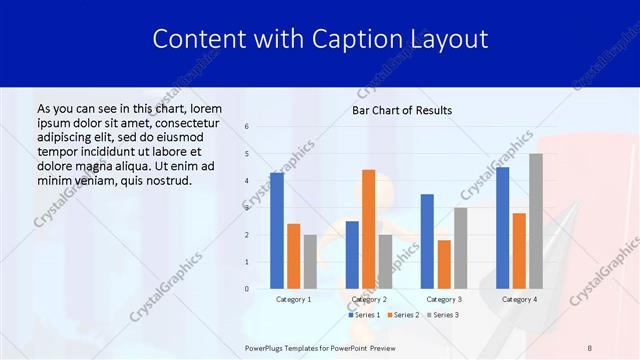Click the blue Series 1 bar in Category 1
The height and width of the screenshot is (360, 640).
coord(277,231)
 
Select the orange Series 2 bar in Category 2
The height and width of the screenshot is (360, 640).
coord(368,229)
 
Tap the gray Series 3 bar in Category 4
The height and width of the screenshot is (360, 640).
coord(536,221)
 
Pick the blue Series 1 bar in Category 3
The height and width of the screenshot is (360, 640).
coord(427,241)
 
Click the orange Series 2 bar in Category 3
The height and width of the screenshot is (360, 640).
coord(444,264)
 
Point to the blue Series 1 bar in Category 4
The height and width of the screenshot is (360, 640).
coord(502,228)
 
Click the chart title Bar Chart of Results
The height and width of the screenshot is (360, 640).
coord(402,110)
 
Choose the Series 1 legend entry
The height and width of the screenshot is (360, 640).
coord(363,315)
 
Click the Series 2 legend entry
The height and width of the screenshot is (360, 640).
coord(403,315)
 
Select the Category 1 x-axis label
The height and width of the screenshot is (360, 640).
coord(293,299)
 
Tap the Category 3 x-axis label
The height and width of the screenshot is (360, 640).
coord(444,299)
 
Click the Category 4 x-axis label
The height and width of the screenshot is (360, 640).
coord(519,299)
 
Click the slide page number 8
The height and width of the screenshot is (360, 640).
coord(589,347)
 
